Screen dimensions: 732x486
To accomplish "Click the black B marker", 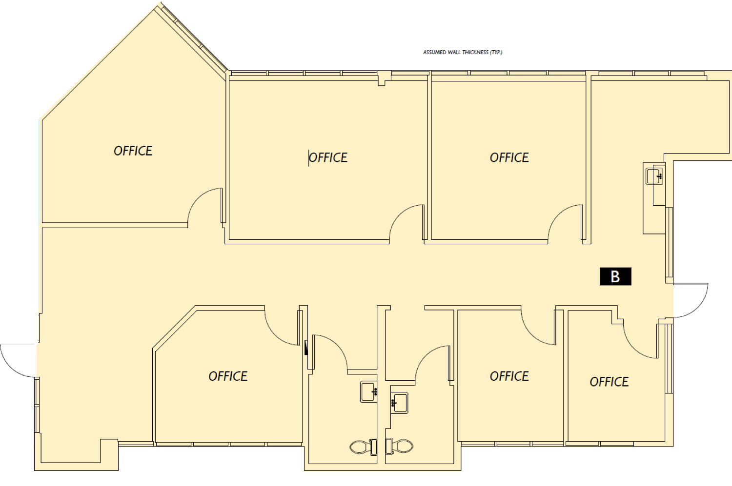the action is point(615,276).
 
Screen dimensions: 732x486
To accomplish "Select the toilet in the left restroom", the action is point(364,447).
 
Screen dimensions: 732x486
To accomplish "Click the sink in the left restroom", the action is point(368,391).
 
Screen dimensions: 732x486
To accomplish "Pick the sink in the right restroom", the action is point(399,403).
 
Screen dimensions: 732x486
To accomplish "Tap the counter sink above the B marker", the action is point(654,176).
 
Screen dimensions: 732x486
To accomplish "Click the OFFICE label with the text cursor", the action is point(328,157).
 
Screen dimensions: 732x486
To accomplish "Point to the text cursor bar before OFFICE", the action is point(309,158).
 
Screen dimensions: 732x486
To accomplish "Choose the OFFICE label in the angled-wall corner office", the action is point(133,151).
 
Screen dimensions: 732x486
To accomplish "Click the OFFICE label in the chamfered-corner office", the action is point(228,376).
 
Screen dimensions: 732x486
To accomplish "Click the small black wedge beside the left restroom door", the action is point(306,348).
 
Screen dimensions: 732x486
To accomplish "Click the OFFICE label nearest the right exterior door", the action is point(609,382).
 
